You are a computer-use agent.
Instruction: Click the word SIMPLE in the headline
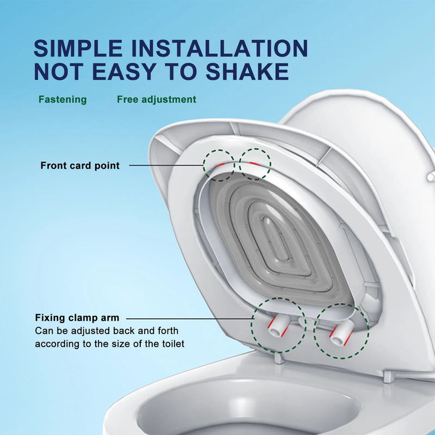tap(78, 48)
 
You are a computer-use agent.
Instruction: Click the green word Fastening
tap(63, 100)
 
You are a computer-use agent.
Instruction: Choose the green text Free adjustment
tap(157, 100)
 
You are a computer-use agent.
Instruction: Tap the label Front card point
tap(80, 165)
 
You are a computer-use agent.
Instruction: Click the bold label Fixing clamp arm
tap(77, 318)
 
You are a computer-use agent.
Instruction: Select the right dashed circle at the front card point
tap(255, 163)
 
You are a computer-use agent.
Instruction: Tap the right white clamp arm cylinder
tap(341, 332)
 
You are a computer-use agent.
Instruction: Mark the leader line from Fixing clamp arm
tap(190, 318)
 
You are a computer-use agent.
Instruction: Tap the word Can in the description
tap(43, 331)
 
